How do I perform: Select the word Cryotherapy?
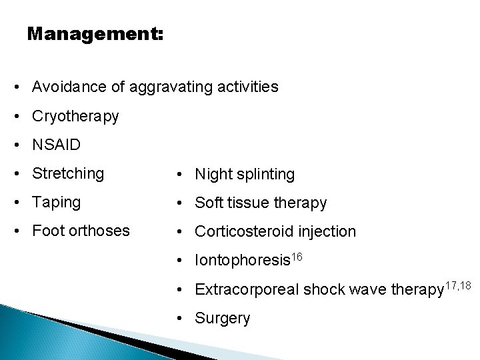pyautogui.click(x=75, y=117)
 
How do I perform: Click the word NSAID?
pyautogui.click(x=55, y=145)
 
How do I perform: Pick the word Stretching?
pyautogui.click(x=68, y=175)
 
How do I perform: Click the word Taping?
pyautogui.click(x=56, y=203)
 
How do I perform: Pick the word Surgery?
pyautogui.click(x=223, y=318)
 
